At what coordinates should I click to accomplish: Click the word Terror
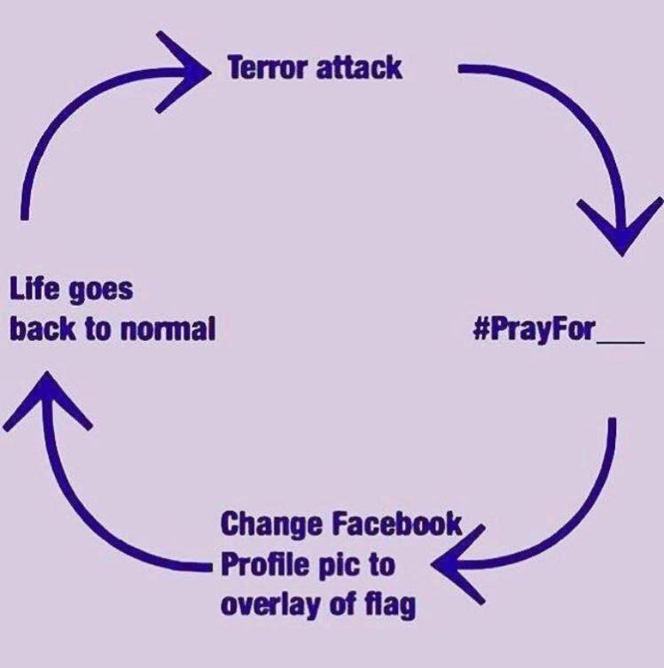click(x=267, y=67)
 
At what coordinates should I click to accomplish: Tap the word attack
click(x=359, y=67)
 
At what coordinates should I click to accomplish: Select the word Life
click(x=35, y=288)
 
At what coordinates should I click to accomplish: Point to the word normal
click(x=168, y=329)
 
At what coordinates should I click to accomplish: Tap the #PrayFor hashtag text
click(x=535, y=330)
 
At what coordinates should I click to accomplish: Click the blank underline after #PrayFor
click(x=621, y=341)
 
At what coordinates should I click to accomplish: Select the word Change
click(x=271, y=524)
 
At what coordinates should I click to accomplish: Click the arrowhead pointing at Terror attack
click(x=183, y=73)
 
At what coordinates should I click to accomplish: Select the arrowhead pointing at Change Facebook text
click(x=458, y=564)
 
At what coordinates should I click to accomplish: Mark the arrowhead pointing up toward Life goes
click(x=47, y=400)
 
